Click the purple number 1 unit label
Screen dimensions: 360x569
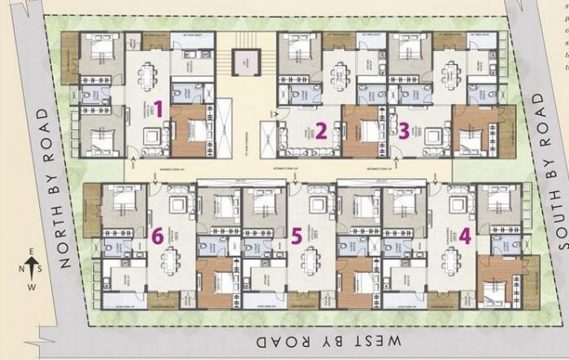159,107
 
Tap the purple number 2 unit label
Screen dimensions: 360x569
321,130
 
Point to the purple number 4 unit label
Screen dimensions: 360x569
464,236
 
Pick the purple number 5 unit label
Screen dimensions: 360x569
297,236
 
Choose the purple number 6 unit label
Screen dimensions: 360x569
158,236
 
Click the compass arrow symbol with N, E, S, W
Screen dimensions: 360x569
31,265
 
